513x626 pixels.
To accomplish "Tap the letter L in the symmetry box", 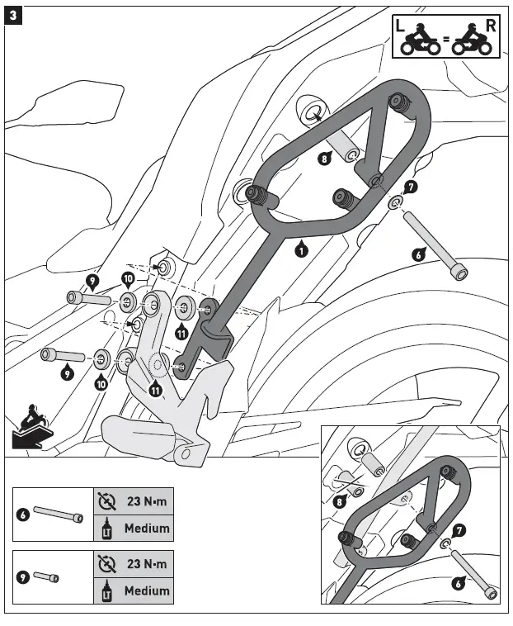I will [400, 26].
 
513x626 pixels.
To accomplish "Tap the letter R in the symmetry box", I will [491, 26].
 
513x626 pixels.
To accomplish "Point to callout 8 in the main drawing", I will [325, 159].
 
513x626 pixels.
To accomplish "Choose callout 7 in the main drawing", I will [412, 187].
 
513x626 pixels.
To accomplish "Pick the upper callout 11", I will [181, 332].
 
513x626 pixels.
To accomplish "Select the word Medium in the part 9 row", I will [147, 590].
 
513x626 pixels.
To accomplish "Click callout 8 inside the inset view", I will [340, 500].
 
